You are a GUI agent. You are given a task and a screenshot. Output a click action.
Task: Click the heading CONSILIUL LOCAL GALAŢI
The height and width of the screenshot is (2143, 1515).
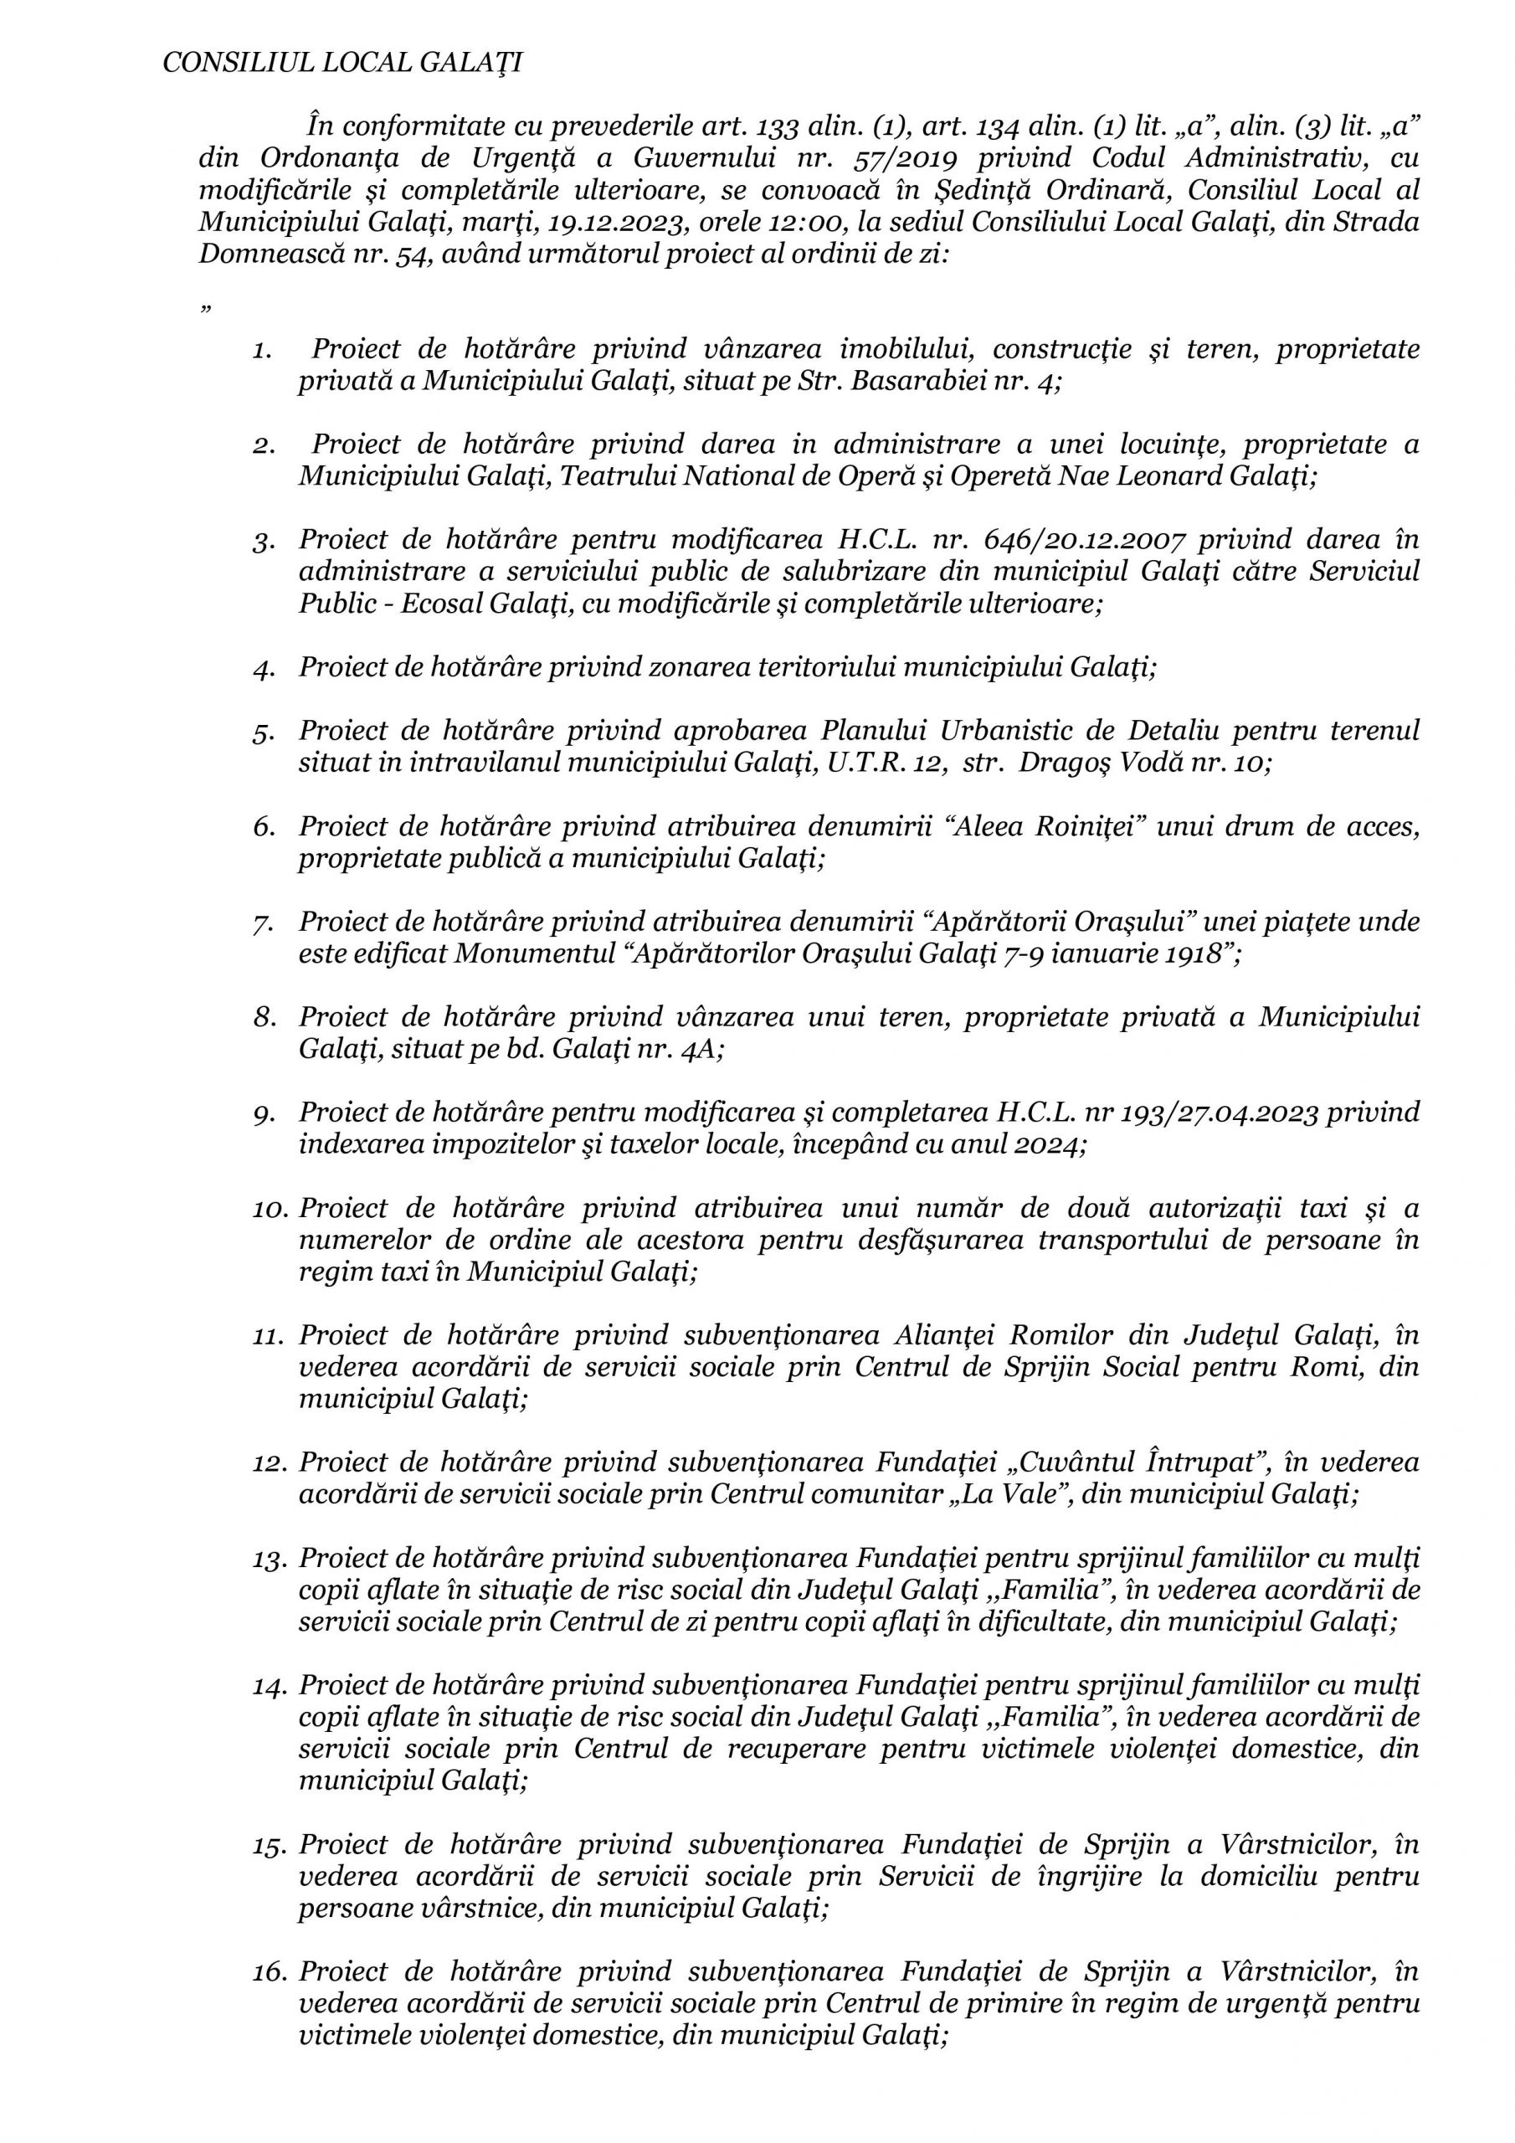point(342,63)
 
